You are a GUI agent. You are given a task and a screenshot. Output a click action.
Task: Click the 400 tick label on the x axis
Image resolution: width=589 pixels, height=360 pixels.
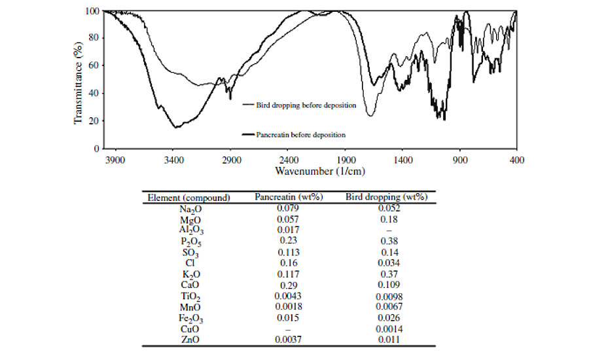tap(516, 159)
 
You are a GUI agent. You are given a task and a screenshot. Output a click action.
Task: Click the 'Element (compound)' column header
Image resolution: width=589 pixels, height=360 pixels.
tap(188, 198)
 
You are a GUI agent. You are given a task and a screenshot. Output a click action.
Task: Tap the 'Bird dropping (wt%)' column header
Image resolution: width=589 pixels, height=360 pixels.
tap(385, 198)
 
